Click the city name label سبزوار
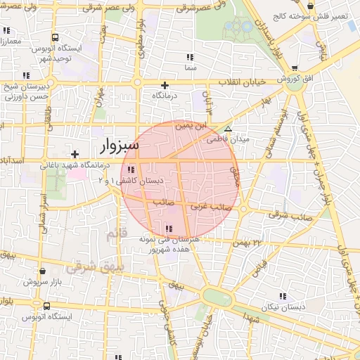pyautogui.click(x=115, y=146)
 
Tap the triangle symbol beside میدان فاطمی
pyautogui.click(x=227, y=129)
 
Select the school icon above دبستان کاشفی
pyautogui.click(x=131, y=169)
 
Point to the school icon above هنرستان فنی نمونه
pyautogui.click(x=167, y=229)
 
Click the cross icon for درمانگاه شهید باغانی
pyautogui.click(x=75, y=154)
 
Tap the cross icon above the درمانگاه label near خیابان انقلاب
pyautogui.click(x=165, y=84)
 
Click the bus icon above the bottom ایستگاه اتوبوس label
pyautogui.click(x=46, y=306)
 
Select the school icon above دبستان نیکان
pyautogui.click(x=283, y=297)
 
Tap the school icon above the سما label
pyautogui.click(x=190, y=57)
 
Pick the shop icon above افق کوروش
pyautogui.click(x=293, y=69)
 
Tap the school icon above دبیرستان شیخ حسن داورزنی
pyautogui.click(x=26, y=75)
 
